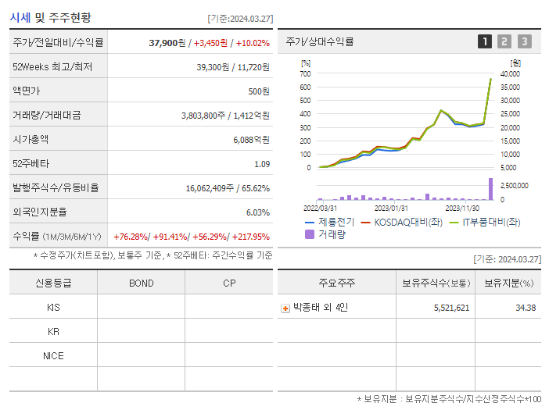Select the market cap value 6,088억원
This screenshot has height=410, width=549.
251,140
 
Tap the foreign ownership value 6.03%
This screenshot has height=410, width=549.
257,212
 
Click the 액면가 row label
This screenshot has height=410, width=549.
26,91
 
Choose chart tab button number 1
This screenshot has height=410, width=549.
485,41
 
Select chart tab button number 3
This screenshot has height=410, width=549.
524,41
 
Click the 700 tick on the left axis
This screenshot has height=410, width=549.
305,73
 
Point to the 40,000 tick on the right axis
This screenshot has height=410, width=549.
510,73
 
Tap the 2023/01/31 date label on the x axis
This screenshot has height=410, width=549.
391,208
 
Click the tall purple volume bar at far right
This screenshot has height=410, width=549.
491,189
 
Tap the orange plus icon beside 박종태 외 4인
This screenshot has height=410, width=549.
285,308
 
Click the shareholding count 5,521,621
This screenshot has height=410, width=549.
451,308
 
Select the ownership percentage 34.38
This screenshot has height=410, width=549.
526,308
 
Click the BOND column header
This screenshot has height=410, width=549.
141,283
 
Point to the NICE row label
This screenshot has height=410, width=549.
53,356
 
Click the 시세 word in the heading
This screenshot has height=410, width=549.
21,17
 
